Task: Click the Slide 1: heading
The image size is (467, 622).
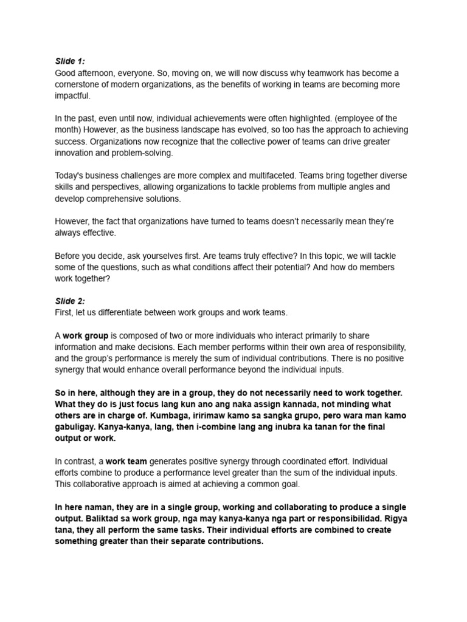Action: coord(70,61)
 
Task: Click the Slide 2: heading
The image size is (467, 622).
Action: coord(70,301)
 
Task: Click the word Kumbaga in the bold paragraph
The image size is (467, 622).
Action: coord(229,415)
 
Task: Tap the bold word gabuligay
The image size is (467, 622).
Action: coord(77,427)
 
